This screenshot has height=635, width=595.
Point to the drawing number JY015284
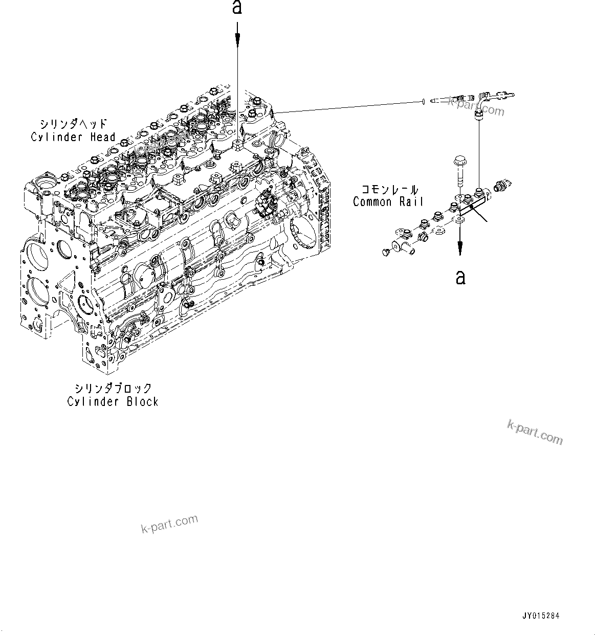point(541,616)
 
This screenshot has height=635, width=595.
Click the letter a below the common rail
point(460,277)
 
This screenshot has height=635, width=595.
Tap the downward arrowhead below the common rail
point(460,249)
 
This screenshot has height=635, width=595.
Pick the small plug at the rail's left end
point(386,251)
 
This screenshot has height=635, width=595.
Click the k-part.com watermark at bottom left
point(169,524)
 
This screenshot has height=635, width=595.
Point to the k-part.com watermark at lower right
point(535,433)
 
